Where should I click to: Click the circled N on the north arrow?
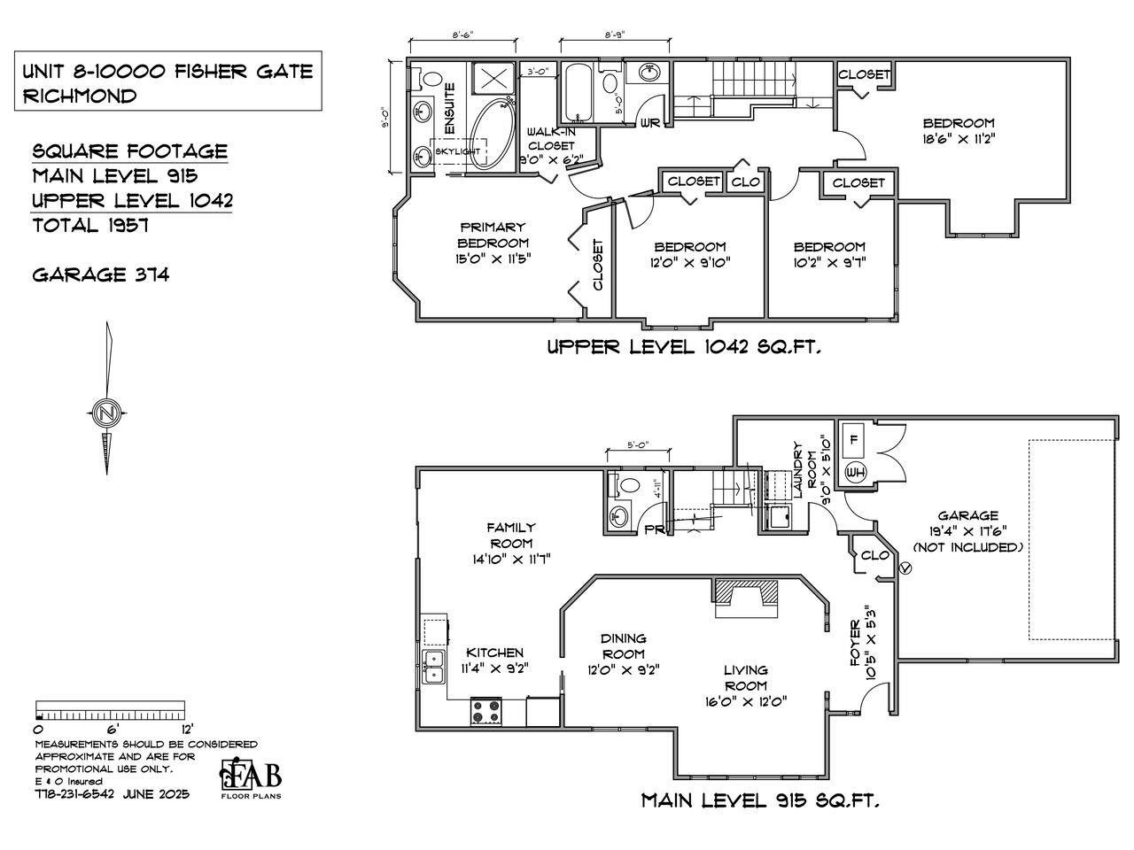(106, 413)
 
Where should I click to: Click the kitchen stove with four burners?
(485, 712)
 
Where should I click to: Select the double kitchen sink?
(434, 667)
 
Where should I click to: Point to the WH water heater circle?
(855, 472)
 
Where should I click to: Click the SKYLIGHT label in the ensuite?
(458, 151)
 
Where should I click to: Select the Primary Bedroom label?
(493, 235)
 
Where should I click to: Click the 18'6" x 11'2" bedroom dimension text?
(959, 139)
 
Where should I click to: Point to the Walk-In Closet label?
(551, 139)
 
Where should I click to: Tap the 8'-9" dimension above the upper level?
(615, 35)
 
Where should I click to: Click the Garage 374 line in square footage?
(101, 274)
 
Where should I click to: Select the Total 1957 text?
(90, 225)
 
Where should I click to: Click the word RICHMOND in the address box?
(80, 96)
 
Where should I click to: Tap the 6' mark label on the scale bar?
(113, 729)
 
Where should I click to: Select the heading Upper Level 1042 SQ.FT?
(684, 347)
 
